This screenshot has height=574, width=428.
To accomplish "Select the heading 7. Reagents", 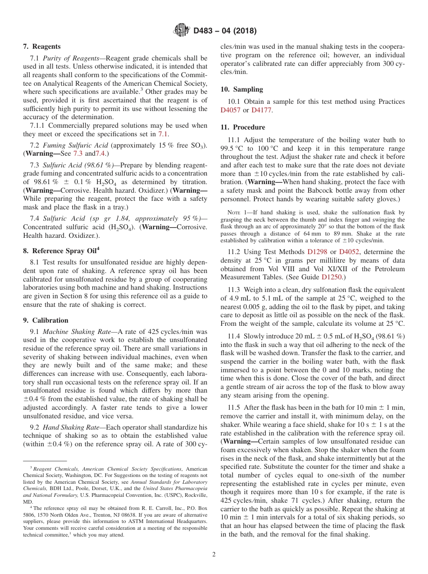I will tap(41, 46).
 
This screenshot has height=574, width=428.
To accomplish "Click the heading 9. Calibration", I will tap(46, 320).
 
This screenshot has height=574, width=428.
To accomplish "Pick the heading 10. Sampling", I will tap(241, 89).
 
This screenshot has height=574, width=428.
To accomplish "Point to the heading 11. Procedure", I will tap(243, 127).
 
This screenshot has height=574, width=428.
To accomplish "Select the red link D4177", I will tap(261, 110).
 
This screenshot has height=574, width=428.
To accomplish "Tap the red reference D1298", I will tap(317, 252).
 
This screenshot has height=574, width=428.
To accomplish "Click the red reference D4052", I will tap(349, 252).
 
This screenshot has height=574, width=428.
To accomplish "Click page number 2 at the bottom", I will tap(214, 555).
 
